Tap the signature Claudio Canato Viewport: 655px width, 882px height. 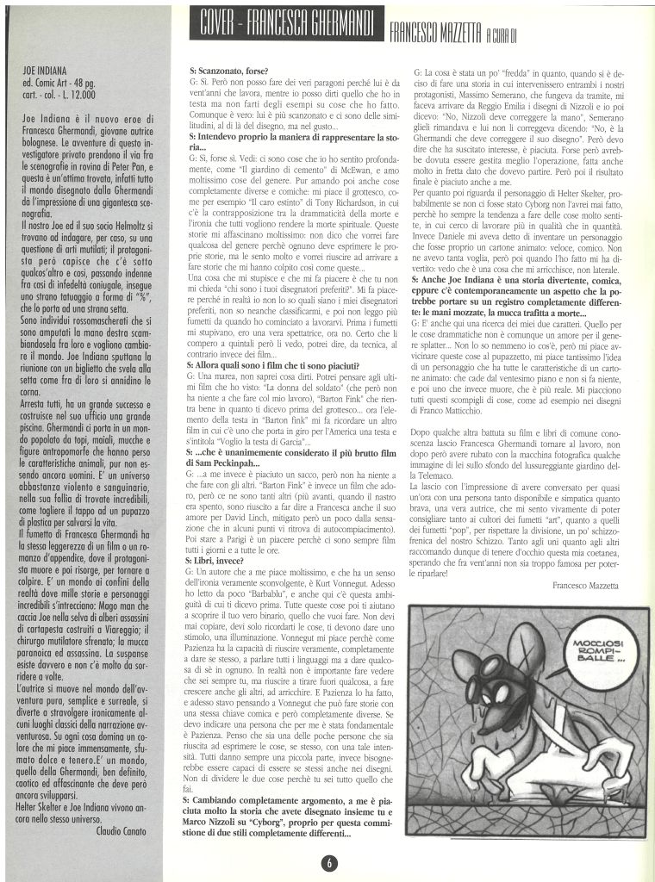click(121, 831)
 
